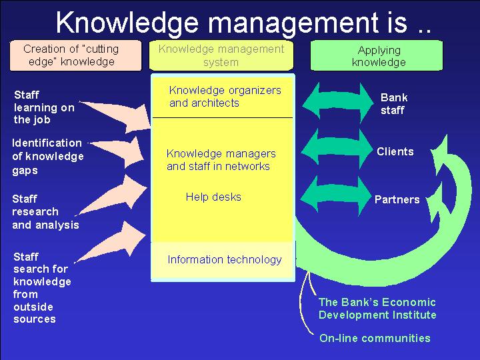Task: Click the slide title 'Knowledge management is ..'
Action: tap(243, 23)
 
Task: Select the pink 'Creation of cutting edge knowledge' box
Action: tap(75, 55)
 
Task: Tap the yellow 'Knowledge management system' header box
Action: tap(221, 55)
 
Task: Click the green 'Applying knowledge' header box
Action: tap(377, 55)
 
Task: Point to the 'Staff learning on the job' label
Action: tap(44, 107)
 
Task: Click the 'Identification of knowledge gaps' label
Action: tap(47, 156)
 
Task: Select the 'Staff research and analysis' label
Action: tap(45, 212)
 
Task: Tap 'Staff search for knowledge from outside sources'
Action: tap(42, 288)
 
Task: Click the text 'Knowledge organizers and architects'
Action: tap(225, 97)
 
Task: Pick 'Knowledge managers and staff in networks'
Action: tap(221, 159)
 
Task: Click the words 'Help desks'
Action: tap(213, 197)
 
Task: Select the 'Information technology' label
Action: tap(225, 259)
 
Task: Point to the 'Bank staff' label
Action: tap(394, 104)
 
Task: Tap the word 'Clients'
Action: tap(395, 151)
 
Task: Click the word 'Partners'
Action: tap(397, 199)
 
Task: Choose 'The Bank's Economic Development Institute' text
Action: tap(377, 309)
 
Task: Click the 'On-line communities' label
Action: tap(375, 338)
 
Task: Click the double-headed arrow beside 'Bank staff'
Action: tap(338, 103)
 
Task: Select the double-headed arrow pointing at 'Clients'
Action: tap(337, 150)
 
